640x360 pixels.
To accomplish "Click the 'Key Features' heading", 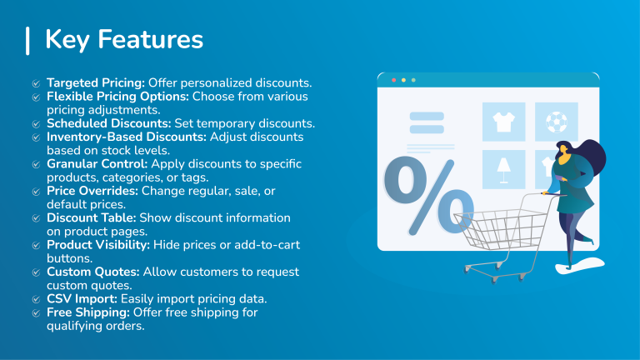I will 123,40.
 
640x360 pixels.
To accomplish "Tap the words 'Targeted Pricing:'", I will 96,83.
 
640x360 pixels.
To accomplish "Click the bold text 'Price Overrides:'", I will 92,191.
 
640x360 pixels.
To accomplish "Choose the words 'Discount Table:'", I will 91,217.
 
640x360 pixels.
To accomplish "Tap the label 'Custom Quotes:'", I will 93,272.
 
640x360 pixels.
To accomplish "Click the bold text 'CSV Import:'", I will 82,298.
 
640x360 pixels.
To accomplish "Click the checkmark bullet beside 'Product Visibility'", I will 36,245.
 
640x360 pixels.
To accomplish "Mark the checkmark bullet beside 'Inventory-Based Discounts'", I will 36,137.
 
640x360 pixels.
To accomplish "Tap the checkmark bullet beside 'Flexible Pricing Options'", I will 36,97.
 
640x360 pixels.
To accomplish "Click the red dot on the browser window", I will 392,80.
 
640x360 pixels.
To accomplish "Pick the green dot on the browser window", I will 413,80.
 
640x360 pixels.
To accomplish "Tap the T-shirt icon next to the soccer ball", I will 503,122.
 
